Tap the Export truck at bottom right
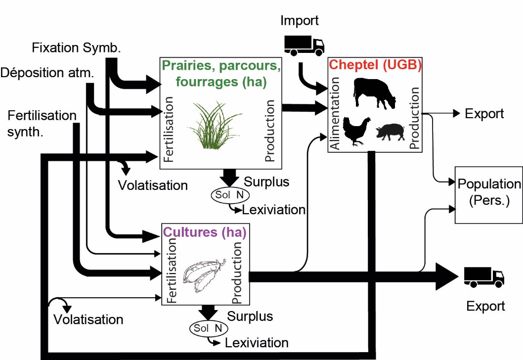coord(483,277)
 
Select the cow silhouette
coord(375,92)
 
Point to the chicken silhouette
coord(356,131)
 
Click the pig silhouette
coord(390,132)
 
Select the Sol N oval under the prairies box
coord(229,195)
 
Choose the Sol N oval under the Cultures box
coord(207,328)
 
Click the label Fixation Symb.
coord(77,48)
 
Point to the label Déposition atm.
coord(47,73)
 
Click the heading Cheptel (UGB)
coord(375,65)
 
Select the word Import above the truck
coord(300,20)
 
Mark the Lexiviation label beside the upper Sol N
coord(273,210)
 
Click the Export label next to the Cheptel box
coord(484,114)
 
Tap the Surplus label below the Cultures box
coord(250,315)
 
